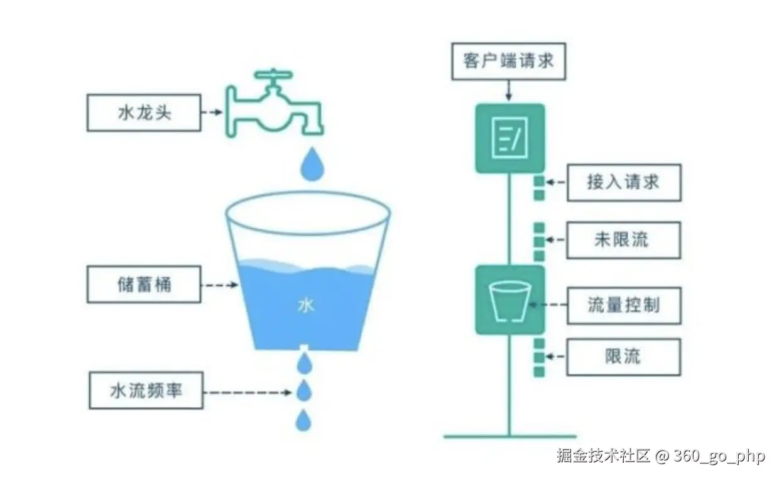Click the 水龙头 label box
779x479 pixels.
(144, 113)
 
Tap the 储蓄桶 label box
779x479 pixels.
(144, 285)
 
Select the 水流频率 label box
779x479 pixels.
(146, 390)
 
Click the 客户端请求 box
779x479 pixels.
(508, 62)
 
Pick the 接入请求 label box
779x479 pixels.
(623, 183)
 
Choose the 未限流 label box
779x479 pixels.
(623, 239)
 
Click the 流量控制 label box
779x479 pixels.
(624, 306)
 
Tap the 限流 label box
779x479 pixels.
(623, 357)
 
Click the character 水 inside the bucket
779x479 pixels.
(306, 306)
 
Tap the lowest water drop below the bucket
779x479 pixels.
(304, 420)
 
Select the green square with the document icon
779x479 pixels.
(509, 138)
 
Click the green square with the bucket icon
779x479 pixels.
(509, 300)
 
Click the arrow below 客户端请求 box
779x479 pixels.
(509, 91)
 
